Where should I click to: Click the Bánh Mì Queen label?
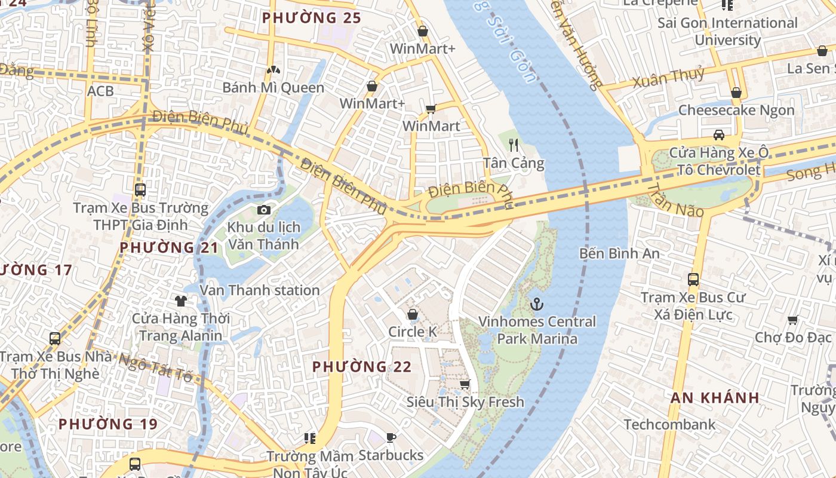(x=273, y=88)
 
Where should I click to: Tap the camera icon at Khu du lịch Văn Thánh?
(x=263, y=210)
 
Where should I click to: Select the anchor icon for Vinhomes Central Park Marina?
(x=537, y=304)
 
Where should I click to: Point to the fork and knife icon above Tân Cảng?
(x=513, y=144)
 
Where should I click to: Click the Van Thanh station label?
(x=260, y=290)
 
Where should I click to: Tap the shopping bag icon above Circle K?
(x=412, y=314)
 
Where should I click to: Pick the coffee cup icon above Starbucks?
(x=391, y=438)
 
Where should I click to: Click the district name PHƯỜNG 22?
(x=362, y=366)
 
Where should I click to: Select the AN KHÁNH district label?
(x=715, y=398)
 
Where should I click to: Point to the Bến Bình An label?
(x=619, y=253)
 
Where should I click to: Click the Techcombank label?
(x=669, y=425)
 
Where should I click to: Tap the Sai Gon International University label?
(x=727, y=32)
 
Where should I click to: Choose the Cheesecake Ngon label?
(x=736, y=111)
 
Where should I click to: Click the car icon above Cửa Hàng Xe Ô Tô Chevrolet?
(x=719, y=134)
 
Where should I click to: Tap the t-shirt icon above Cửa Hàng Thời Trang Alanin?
(x=180, y=301)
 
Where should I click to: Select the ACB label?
(x=100, y=91)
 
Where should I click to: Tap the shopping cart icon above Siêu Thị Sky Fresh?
(x=465, y=384)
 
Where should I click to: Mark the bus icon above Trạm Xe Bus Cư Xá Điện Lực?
(x=693, y=279)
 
